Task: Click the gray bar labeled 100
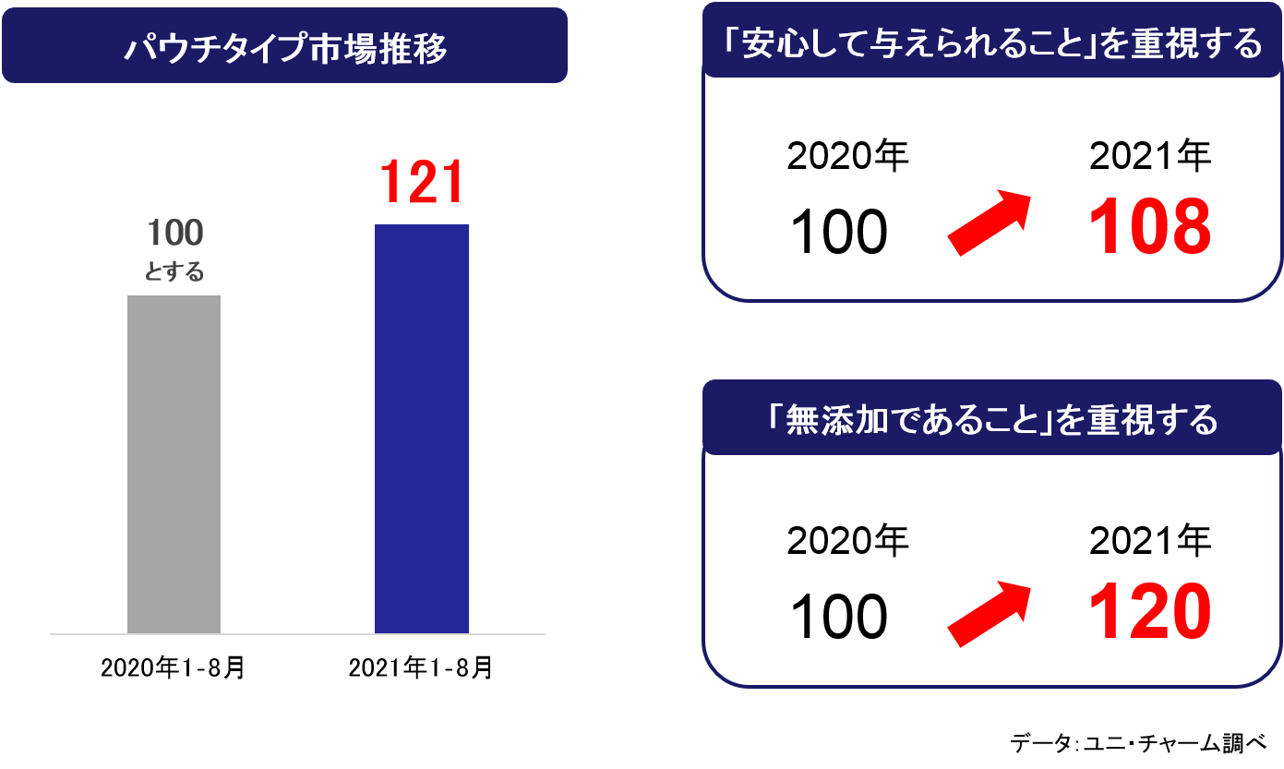click(174, 464)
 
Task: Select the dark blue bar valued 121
click(421, 429)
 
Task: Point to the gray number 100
click(174, 234)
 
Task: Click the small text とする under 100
click(174, 273)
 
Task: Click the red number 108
click(1149, 227)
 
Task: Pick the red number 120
click(1149, 613)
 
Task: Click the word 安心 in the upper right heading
click(773, 45)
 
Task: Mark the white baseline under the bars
click(297, 634)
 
